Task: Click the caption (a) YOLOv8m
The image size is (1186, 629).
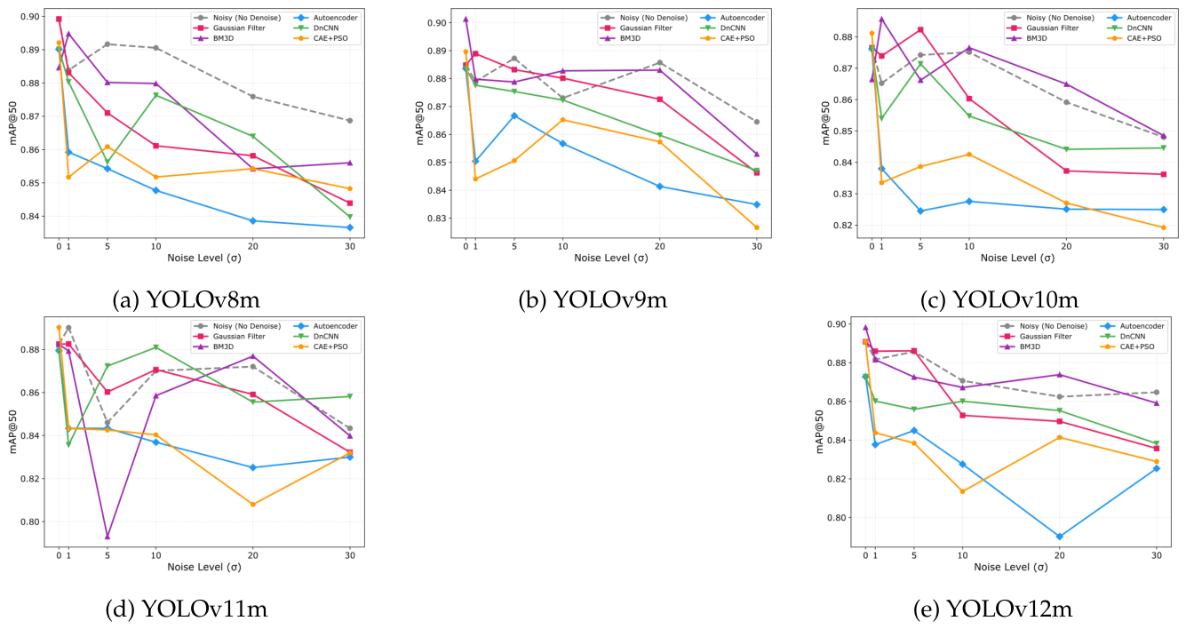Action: [x=187, y=300]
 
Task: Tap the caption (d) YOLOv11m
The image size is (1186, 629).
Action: [x=187, y=609]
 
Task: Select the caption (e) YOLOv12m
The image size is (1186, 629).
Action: [x=992, y=609]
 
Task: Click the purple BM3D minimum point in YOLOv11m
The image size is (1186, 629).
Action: [x=107, y=537]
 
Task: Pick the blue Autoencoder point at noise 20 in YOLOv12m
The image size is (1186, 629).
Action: [x=1060, y=537]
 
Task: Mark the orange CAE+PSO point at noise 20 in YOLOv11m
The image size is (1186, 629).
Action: [x=252, y=504]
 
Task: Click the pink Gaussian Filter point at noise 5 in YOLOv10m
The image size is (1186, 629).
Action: [x=920, y=29]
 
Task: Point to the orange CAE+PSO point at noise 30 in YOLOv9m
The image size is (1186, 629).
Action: [x=757, y=227]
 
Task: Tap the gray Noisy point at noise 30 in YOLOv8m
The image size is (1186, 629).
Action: [x=349, y=121]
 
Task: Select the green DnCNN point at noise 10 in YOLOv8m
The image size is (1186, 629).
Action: [x=155, y=95]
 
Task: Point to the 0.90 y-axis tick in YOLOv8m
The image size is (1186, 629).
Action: [x=30, y=17]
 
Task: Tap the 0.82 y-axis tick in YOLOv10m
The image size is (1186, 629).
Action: [x=843, y=226]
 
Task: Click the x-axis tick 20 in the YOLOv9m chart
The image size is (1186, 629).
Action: [x=659, y=246]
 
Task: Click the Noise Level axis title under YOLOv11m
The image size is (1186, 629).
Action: [x=204, y=567]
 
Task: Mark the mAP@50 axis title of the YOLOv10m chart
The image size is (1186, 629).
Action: [x=825, y=123]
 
